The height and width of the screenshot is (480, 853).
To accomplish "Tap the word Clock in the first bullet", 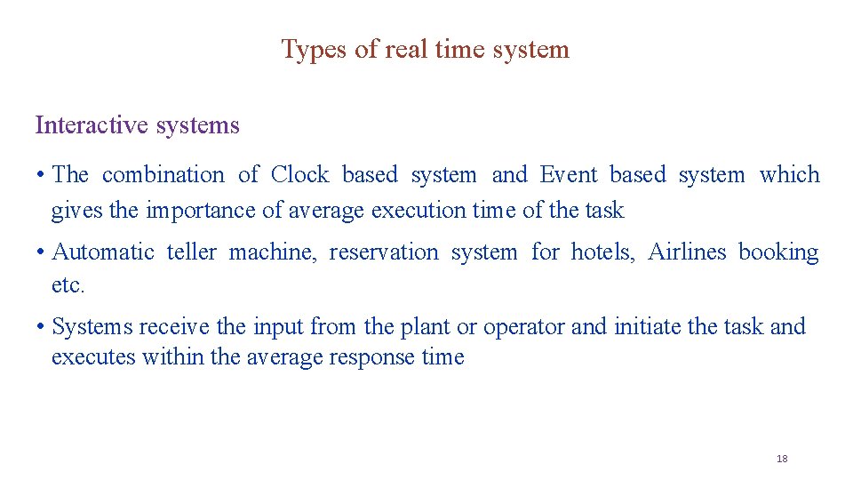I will (x=299, y=175).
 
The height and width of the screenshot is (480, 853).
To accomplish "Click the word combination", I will (x=163, y=175).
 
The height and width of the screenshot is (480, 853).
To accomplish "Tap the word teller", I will (x=191, y=252).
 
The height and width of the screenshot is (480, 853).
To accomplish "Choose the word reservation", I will (x=384, y=252).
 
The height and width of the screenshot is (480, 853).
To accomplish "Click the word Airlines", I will (x=687, y=252).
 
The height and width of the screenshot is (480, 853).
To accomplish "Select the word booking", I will (x=778, y=253).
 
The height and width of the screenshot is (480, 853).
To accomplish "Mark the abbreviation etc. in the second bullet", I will (x=68, y=286).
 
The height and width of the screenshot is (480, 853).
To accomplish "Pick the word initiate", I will (x=647, y=327).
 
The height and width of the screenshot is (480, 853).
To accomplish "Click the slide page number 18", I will (x=782, y=459).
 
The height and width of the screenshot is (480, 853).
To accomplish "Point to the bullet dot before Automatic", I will (x=41, y=253).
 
